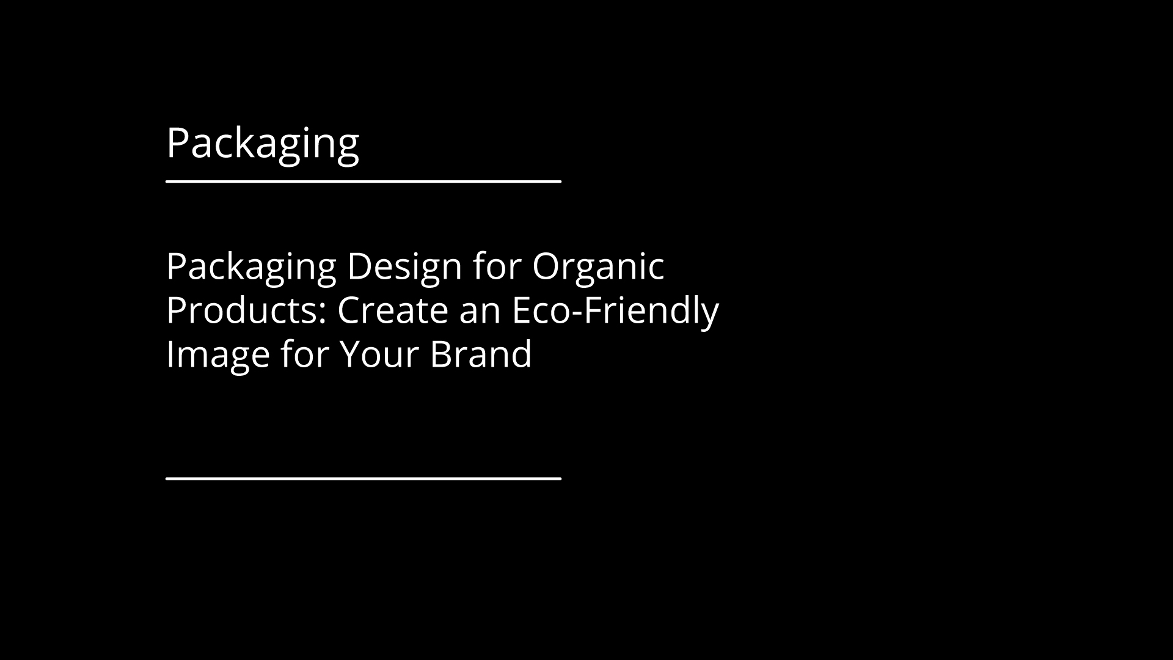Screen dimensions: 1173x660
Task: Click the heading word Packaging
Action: pos(263,144)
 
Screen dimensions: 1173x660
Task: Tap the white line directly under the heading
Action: pos(364,181)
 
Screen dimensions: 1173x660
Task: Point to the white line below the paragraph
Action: pos(364,479)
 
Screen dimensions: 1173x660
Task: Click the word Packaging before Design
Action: pos(251,268)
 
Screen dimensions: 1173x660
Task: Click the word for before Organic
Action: pos(497,266)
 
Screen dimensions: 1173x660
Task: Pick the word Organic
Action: pos(598,268)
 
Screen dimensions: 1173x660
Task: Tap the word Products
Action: pos(246,310)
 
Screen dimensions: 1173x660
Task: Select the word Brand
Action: pos(481,354)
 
